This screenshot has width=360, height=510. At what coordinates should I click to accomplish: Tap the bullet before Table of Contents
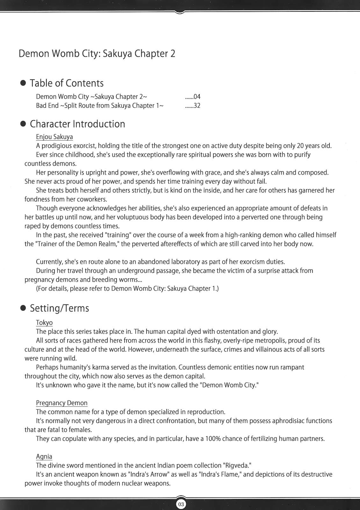click(x=23, y=83)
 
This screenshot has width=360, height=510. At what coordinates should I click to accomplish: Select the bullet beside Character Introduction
click(x=23, y=124)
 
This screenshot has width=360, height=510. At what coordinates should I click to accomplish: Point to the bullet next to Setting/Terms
click(x=23, y=308)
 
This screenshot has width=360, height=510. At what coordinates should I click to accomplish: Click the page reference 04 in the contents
click(x=197, y=97)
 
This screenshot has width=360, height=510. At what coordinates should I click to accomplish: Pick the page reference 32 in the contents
click(x=197, y=106)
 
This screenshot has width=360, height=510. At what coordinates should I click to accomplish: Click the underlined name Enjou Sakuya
click(x=54, y=137)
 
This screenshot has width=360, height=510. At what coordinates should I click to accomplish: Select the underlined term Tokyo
click(x=44, y=323)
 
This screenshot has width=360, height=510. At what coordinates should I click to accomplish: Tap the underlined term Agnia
click(x=44, y=456)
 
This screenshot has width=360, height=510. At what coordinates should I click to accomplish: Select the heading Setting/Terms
click(x=59, y=308)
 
